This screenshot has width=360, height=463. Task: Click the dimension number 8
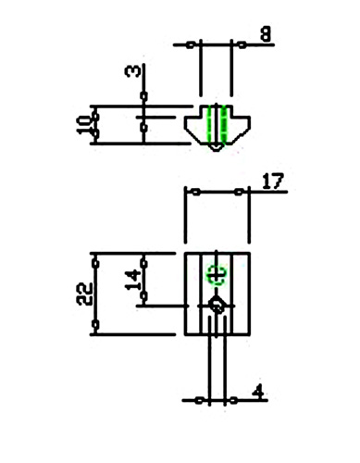click(x=266, y=33)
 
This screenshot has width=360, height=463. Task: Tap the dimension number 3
click(x=132, y=72)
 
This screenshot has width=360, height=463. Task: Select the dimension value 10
click(x=82, y=125)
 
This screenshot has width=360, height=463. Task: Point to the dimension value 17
click(x=273, y=181)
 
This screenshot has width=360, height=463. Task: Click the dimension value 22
click(x=84, y=294)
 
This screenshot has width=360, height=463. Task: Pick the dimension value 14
click(x=132, y=280)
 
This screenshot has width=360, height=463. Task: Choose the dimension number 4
click(x=258, y=393)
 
